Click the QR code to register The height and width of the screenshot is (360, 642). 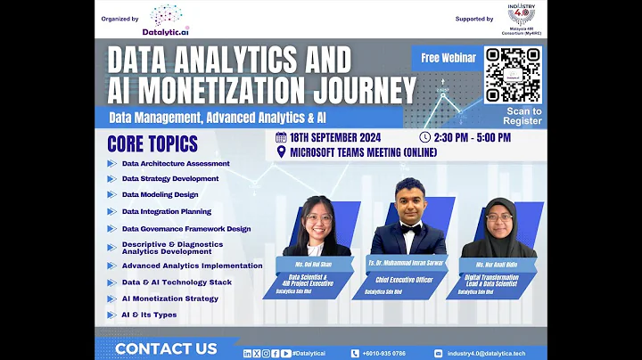point(512,74)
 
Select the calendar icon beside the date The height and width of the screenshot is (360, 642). point(281,137)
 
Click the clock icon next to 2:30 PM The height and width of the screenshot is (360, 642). point(424,137)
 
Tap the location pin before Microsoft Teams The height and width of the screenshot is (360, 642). point(282,151)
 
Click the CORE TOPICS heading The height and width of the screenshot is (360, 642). point(152,143)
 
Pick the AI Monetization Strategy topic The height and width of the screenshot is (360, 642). point(169,299)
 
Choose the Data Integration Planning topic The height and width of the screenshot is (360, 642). point(166,211)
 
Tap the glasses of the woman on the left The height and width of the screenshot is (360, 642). point(319,217)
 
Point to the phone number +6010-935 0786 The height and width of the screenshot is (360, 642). point(383,353)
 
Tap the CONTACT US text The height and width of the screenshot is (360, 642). point(165,348)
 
